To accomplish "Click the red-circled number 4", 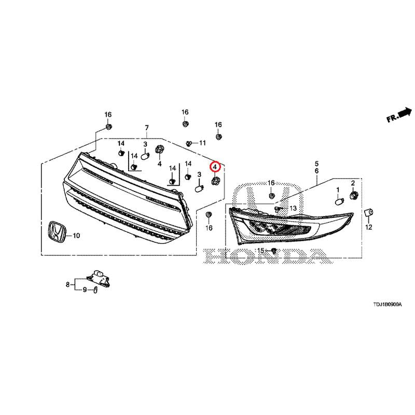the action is point(215,167).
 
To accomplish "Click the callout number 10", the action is point(76,236).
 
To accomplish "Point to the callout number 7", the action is point(147,128).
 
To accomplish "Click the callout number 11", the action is point(202,143).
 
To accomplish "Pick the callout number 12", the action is point(369,227).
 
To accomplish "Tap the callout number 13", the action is point(293,209).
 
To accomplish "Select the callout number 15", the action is point(261,250).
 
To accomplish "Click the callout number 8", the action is point(68,284).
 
